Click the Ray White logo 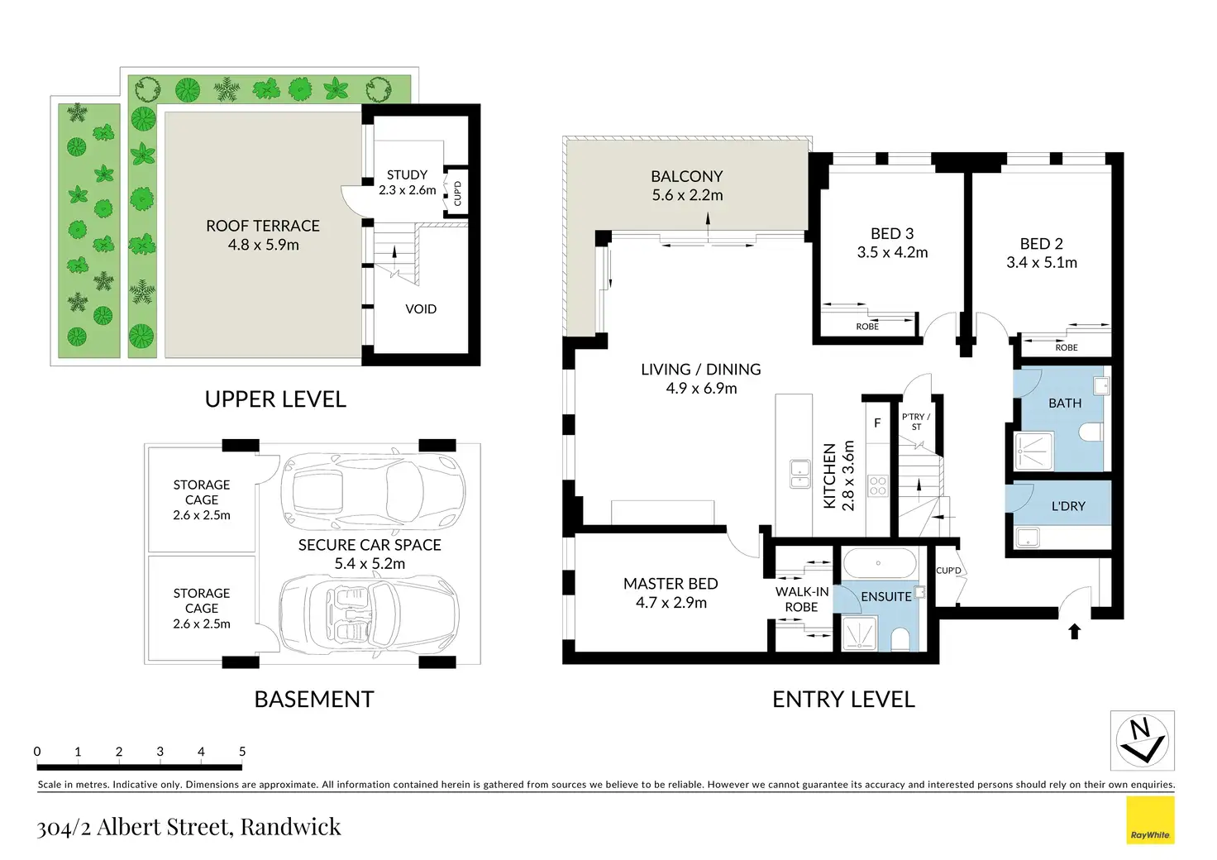click(x=1150, y=819)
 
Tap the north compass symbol click(x=1142, y=740)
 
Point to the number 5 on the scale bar click(x=242, y=752)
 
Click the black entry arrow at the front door click(x=1075, y=631)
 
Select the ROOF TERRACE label click(x=263, y=226)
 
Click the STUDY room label click(x=407, y=175)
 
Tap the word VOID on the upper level click(x=421, y=309)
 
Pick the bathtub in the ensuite click(x=879, y=563)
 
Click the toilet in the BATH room click(x=1091, y=432)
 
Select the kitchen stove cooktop click(x=877, y=485)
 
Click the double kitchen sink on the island click(x=799, y=474)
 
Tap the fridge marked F click(x=877, y=423)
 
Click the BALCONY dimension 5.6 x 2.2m click(x=687, y=195)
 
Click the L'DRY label click(x=1068, y=506)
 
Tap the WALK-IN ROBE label click(x=802, y=600)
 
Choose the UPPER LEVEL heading click(x=275, y=399)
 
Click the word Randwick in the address click(x=291, y=826)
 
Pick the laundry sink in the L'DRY click(x=1028, y=537)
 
